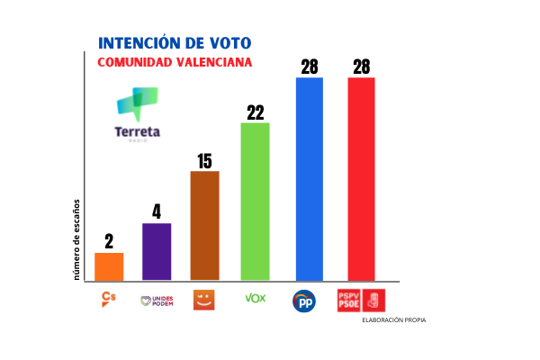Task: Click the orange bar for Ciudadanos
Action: tap(109, 266)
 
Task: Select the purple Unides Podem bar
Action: tap(157, 251)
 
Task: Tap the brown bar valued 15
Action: tap(204, 225)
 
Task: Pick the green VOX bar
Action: tap(255, 201)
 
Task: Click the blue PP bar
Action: tap(310, 178)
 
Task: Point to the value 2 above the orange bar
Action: tap(109, 241)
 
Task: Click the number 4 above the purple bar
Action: tap(157, 212)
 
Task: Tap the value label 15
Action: tap(204, 160)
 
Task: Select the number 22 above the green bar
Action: tap(255, 112)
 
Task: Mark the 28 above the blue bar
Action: tap(310, 66)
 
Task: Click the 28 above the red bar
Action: tap(361, 66)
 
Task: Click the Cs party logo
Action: tap(108, 299)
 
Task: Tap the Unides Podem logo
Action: tap(157, 301)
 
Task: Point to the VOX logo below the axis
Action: tap(255, 298)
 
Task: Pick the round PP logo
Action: tap(304, 301)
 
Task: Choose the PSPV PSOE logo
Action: tap(360, 300)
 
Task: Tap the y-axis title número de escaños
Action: tap(79, 238)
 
